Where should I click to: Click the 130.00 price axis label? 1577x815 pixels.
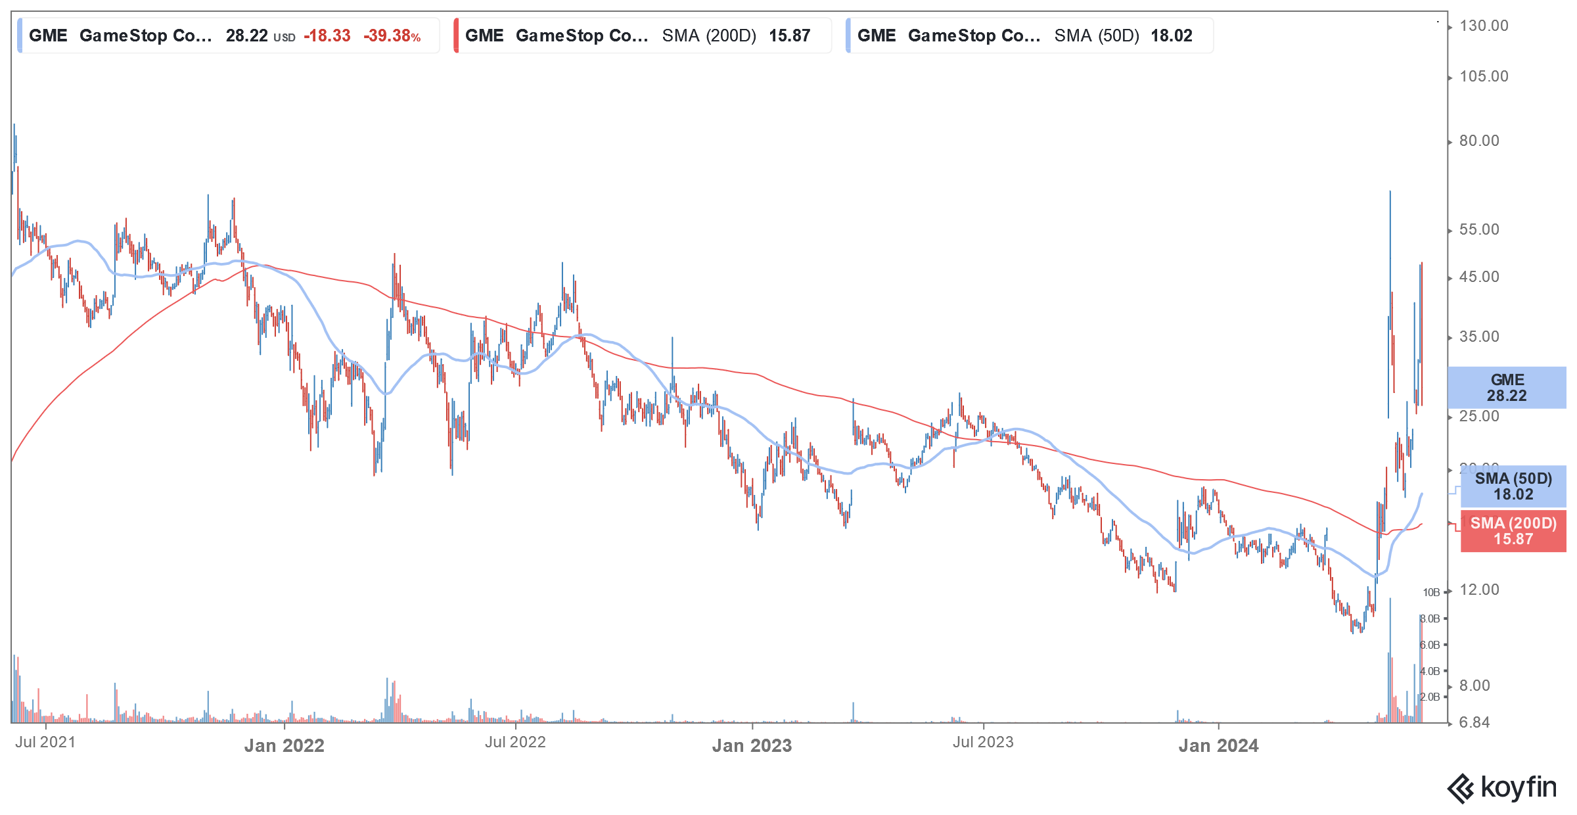(x=1483, y=26)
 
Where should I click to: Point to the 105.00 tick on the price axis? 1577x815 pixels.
(x=1483, y=77)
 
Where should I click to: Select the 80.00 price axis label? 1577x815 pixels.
(x=1479, y=141)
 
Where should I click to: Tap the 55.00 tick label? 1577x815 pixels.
(x=1479, y=230)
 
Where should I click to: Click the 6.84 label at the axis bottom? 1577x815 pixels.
(x=1474, y=723)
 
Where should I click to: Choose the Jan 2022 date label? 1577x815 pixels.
(x=284, y=746)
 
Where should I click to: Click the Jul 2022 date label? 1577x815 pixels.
(x=515, y=743)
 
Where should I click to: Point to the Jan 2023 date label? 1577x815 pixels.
(x=752, y=746)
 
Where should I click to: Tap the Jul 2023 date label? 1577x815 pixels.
(x=983, y=743)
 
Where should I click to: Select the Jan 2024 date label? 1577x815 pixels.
(x=1218, y=746)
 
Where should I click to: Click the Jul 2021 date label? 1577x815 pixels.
(x=45, y=743)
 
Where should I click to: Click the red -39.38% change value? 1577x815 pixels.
(x=392, y=36)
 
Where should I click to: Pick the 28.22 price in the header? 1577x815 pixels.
(x=246, y=36)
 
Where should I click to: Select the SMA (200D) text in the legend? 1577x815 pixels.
(x=709, y=36)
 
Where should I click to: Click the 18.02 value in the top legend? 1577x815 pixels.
(x=1171, y=36)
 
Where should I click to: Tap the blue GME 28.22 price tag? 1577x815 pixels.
(x=1507, y=388)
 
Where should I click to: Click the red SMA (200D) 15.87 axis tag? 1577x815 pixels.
(x=1513, y=531)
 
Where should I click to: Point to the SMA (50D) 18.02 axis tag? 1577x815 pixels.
(x=1513, y=486)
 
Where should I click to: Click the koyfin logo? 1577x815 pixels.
(x=1502, y=788)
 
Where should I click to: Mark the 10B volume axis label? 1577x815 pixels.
(x=1430, y=593)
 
